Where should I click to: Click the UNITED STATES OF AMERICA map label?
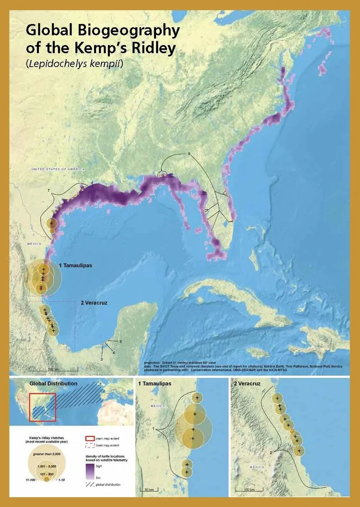(57, 169)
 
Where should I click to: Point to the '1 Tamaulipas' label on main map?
(76, 265)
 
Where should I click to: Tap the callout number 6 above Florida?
(189, 154)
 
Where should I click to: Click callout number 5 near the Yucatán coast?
(121, 341)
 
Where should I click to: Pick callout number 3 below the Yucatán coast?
(102, 359)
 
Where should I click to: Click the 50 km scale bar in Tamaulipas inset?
(147, 489)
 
